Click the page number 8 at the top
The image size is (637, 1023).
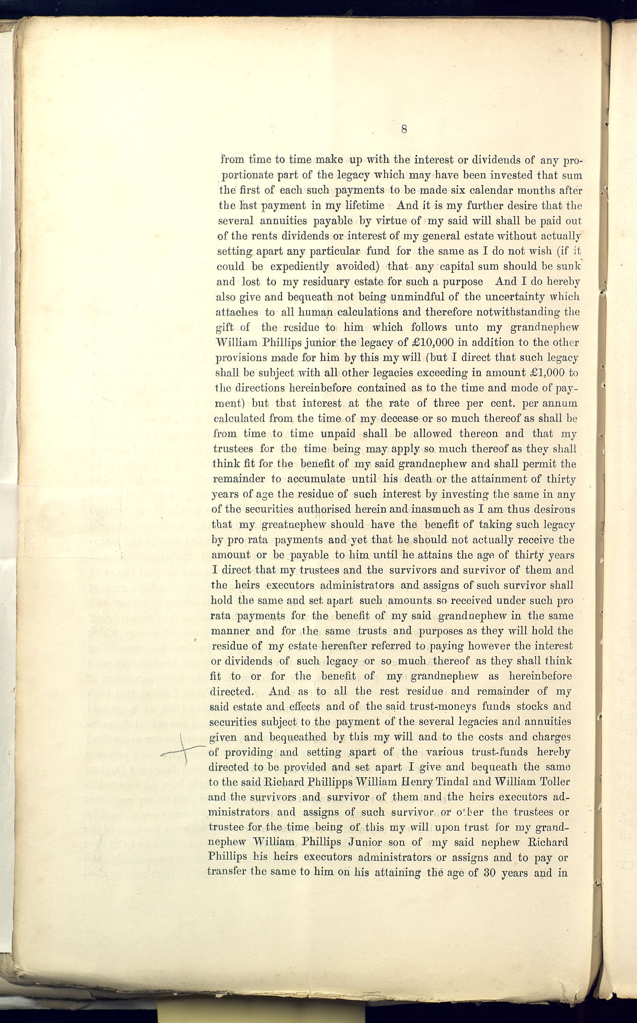(x=404, y=129)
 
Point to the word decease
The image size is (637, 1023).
(x=400, y=418)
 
